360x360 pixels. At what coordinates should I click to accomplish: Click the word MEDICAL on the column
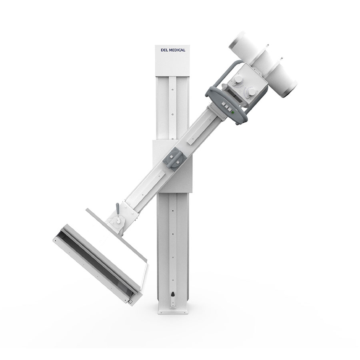coord(177,50)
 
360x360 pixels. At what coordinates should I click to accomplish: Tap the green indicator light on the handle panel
coord(232,112)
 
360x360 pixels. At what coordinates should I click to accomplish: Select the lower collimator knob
coord(252,92)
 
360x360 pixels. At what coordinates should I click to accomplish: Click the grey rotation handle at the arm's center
coord(174,158)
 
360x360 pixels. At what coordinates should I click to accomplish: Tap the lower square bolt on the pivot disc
coord(178,162)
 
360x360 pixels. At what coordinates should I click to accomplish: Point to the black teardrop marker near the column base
coord(173,294)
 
